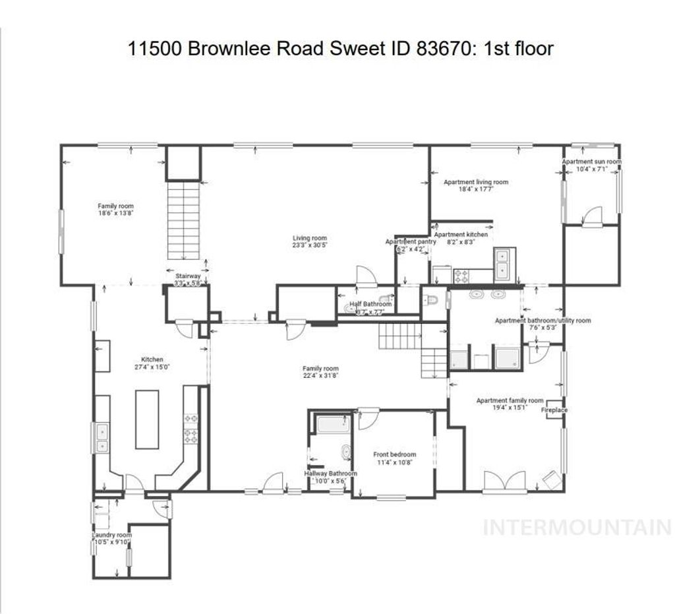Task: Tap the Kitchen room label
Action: (152, 359)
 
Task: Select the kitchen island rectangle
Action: (147, 419)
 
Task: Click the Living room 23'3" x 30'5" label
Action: (310, 241)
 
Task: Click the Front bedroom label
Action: (394, 454)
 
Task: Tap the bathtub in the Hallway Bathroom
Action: (332, 423)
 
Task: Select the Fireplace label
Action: (554, 410)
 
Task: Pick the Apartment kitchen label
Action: (461, 234)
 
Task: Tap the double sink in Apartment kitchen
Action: (505, 264)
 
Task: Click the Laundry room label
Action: (112, 535)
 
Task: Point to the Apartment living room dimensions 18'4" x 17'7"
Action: (476, 189)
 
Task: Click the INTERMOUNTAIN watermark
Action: (577, 527)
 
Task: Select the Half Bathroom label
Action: (370, 304)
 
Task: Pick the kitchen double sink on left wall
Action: (102, 439)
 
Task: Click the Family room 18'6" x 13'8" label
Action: (116, 210)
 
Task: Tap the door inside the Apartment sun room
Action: (593, 216)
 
